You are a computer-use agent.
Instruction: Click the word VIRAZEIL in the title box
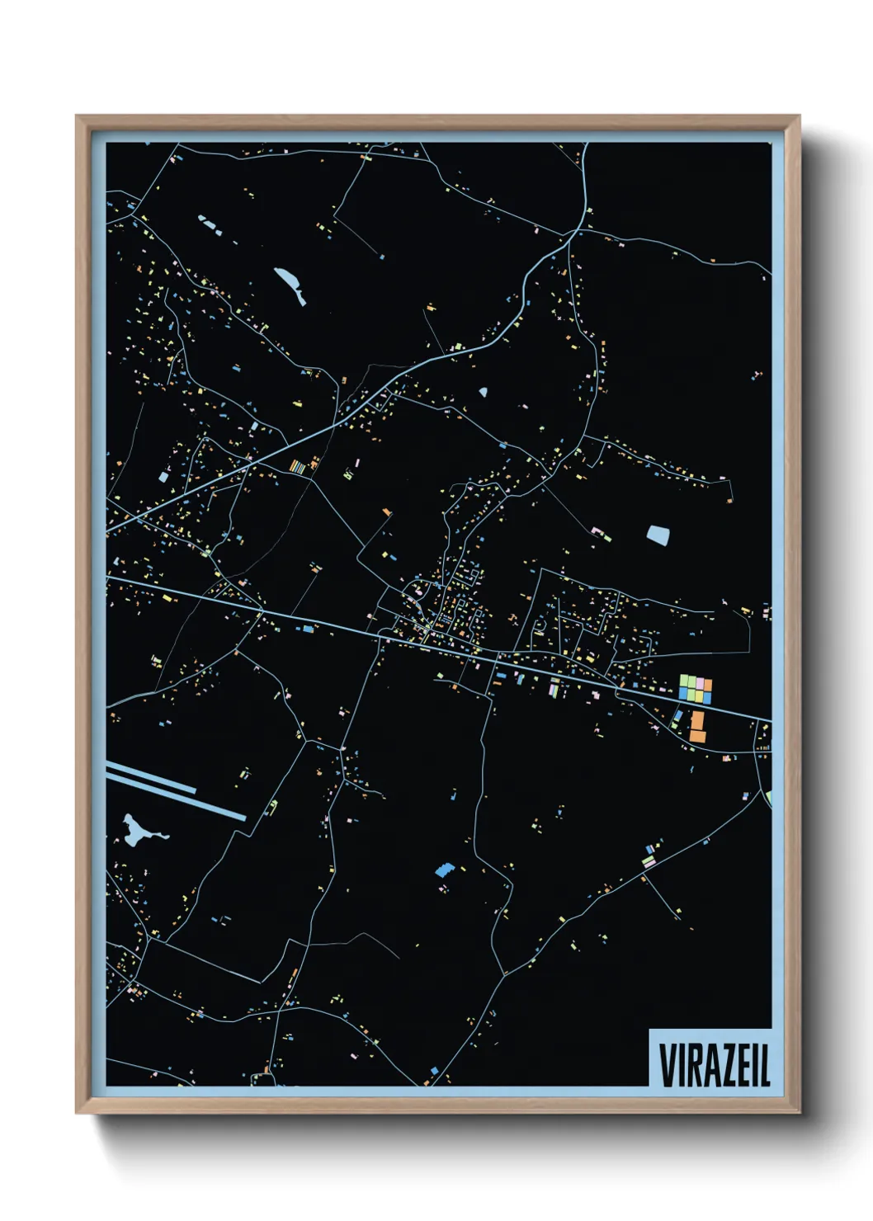click(714, 1065)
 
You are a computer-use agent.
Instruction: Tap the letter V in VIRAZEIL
click(667, 1065)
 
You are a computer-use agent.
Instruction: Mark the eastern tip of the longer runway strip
click(244, 818)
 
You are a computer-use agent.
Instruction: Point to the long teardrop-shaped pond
click(290, 285)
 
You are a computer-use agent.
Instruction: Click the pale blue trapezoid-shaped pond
click(658, 535)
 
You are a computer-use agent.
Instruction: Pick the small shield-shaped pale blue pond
click(483, 393)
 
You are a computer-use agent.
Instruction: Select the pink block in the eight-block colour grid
click(701, 683)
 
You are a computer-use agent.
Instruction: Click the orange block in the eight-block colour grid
click(708, 684)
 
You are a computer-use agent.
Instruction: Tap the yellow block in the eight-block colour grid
click(700, 696)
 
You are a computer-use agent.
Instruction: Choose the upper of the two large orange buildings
click(697, 719)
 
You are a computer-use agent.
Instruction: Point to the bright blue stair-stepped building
click(444, 870)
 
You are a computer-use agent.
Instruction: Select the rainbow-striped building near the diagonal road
click(297, 467)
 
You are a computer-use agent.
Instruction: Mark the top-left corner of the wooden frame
click(77, 116)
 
